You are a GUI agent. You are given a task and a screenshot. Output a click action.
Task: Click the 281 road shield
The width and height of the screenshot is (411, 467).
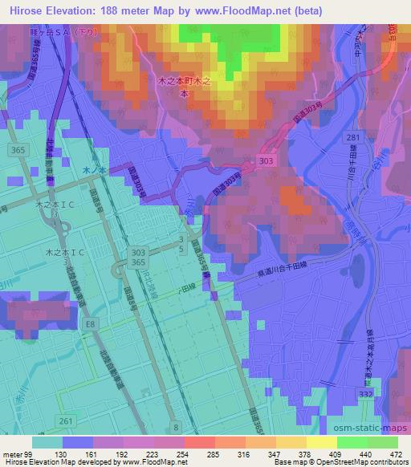pyautogui.click(x=353, y=139)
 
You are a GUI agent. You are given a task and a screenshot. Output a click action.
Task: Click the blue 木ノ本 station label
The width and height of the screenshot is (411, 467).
pyautogui.click(x=95, y=170)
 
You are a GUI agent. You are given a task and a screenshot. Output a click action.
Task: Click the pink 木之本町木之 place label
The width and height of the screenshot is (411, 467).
pyautogui.click(x=184, y=82)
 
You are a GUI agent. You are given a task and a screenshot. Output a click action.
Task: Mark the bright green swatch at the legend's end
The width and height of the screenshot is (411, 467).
pyautogui.click(x=383, y=442)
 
